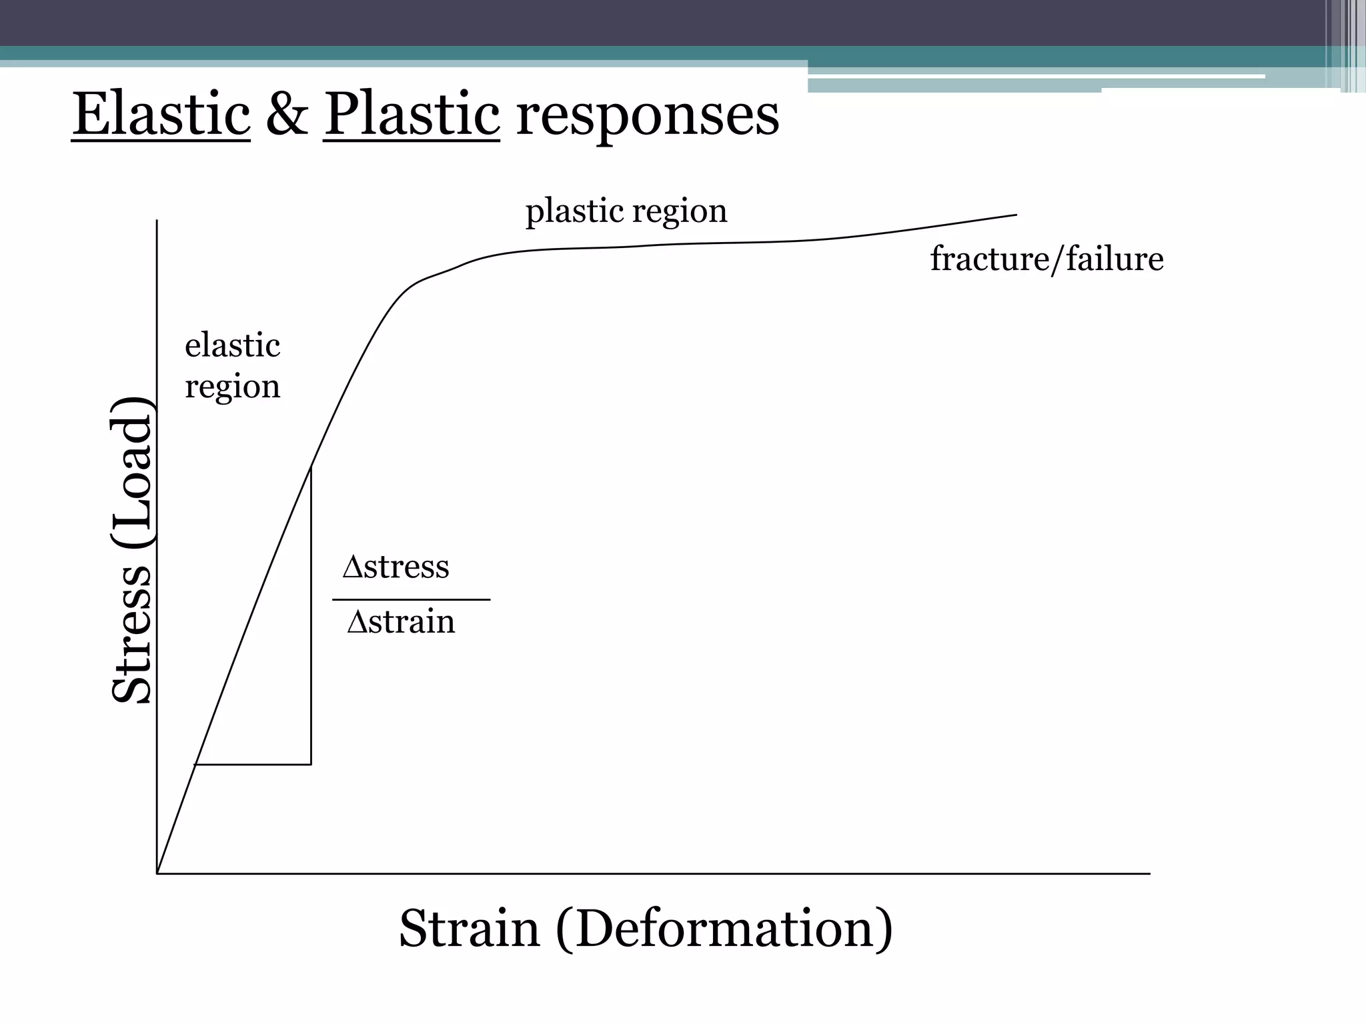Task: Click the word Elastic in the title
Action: [161, 115]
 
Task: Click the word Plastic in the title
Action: [412, 115]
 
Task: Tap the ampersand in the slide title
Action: [287, 115]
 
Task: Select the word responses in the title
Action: [647, 117]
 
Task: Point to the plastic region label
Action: [626, 211]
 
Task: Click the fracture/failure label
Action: [1046, 259]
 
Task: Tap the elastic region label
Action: [232, 365]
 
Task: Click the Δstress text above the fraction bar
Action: [396, 567]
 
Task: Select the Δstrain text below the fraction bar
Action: [401, 621]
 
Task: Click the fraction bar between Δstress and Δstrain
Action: [411, 600]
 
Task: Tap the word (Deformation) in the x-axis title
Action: [724, 929]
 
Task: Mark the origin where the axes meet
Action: [157, 873]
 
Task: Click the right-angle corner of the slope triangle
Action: [311, 764]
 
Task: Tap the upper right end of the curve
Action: [1016, 215]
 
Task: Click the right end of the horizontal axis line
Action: [1149, 873]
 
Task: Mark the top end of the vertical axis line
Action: [157, 221]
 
